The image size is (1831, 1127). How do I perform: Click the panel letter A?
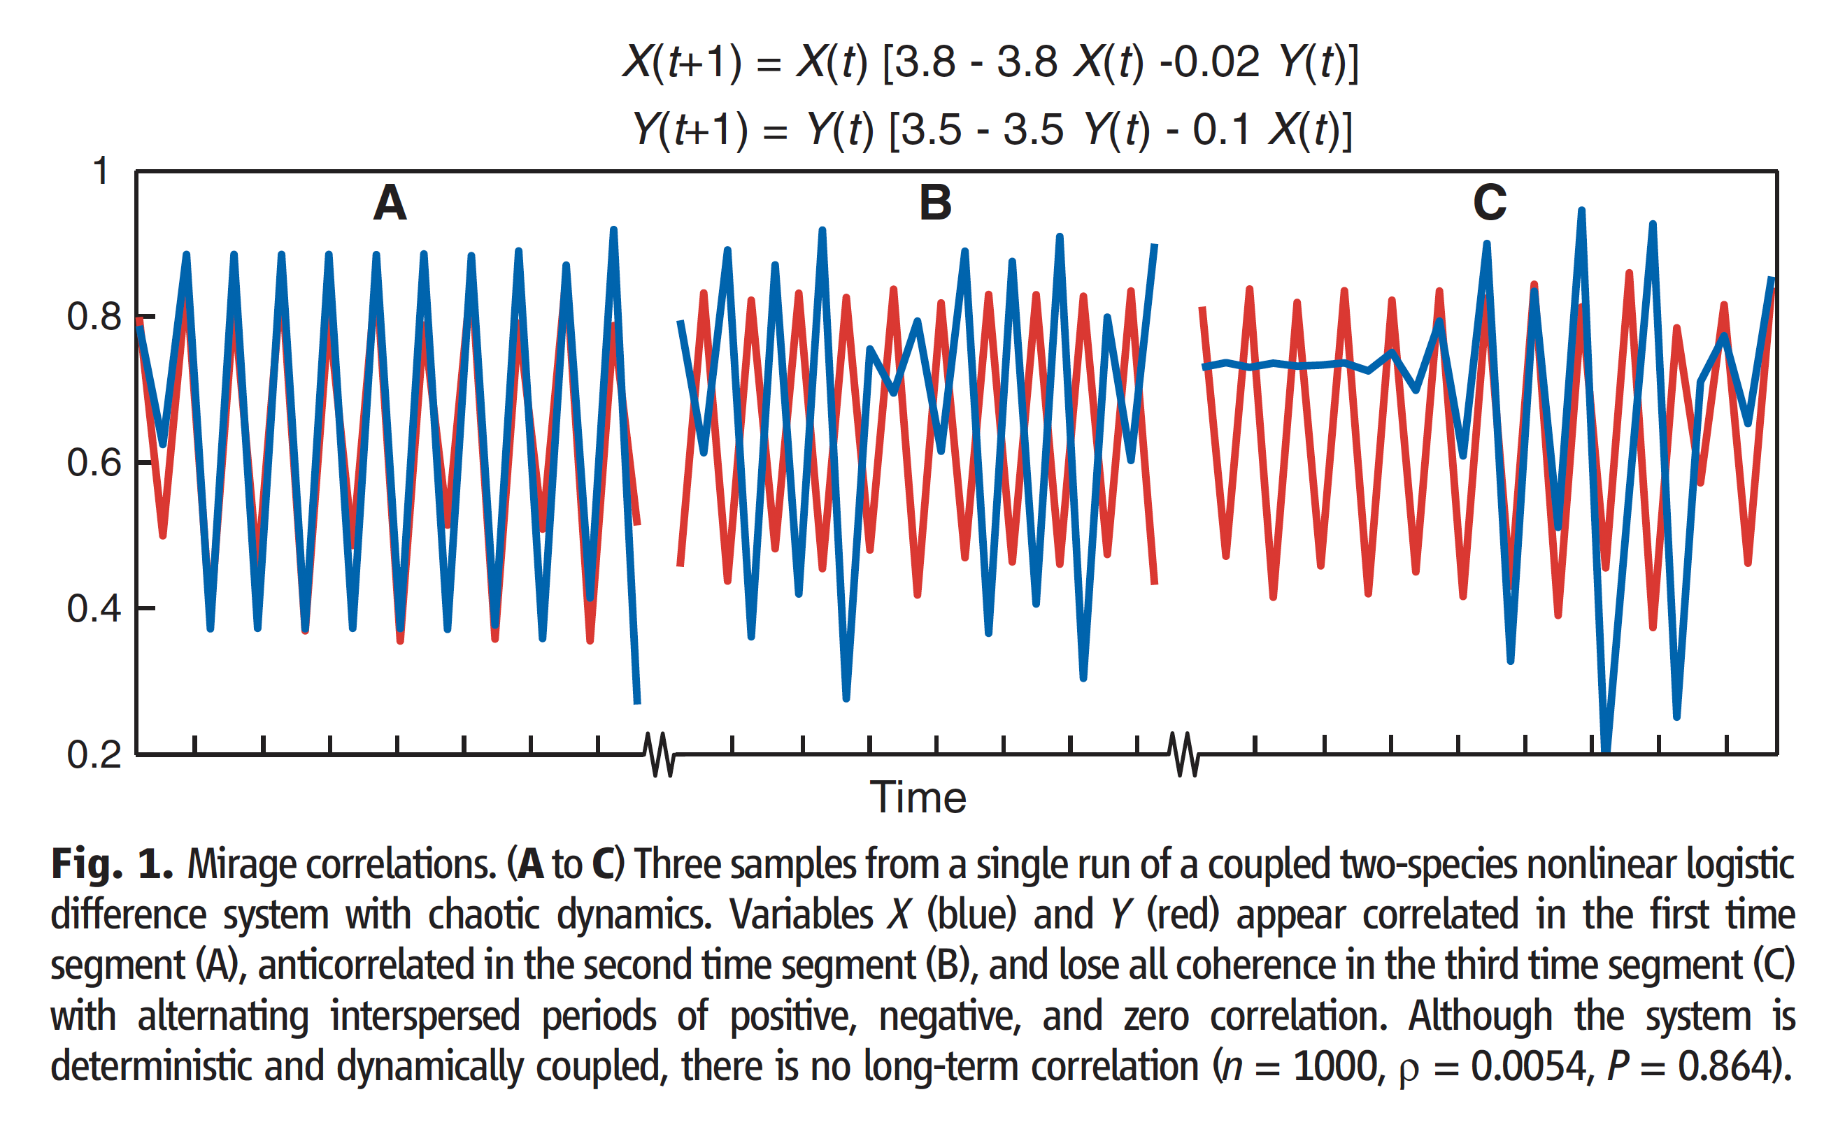coord(390,203)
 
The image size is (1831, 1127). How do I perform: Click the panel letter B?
coord(935,203)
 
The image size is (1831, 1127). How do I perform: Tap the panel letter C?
coord(1490,203)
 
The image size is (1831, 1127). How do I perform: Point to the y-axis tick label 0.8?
coord(94,317)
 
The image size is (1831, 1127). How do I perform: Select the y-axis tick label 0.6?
coord(94,463)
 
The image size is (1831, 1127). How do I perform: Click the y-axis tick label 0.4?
coord(94,609)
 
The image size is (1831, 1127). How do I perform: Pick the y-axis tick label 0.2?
coord(94,755)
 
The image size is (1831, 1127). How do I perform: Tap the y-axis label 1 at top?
coord(101,171)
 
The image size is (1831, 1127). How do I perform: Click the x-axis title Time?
coord(918,798)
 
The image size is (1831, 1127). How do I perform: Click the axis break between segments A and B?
coord(659,754)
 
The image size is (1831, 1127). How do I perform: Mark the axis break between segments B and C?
coord(1184,754)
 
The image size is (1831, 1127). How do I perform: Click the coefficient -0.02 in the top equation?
coord(1209,61)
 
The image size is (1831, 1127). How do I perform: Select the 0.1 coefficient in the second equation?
coord(1220,130)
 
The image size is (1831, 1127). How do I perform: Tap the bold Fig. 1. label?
coord(112,865)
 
